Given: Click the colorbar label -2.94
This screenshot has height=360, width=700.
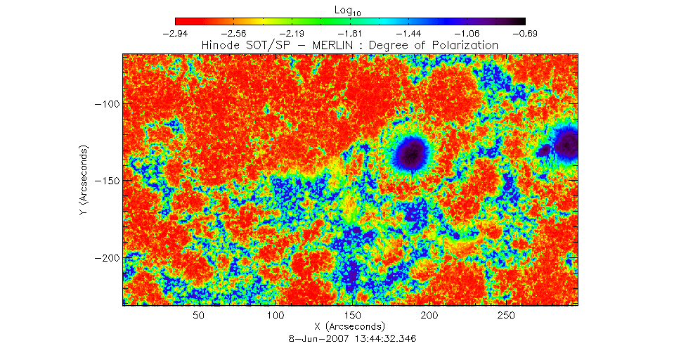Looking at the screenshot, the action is click(175, 34).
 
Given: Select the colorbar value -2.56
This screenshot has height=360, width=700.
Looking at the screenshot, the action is click(233, 34).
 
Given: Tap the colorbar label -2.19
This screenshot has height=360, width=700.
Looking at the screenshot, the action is click(292, 34).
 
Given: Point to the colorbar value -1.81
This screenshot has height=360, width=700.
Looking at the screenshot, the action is click(351, 34).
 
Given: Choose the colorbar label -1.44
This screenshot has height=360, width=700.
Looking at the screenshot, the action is click(409, 34).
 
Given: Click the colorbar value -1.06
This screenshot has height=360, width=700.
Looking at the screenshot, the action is click(467, 34).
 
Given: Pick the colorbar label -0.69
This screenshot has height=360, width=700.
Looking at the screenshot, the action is click(526, 34).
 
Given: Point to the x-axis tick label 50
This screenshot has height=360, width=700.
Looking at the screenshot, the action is click(199, 316).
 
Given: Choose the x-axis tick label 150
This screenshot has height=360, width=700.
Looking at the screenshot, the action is click(353, 316).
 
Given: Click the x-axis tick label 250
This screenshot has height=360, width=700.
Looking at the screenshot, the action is click(507, 316).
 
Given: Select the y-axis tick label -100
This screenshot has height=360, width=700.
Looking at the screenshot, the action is click(105, 103).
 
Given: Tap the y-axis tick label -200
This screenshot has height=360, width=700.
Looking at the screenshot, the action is click(105, 258).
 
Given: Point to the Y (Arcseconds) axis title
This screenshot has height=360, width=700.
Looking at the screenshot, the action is click(83, 180).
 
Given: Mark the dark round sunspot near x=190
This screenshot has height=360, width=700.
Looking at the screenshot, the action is click(412, 153).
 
